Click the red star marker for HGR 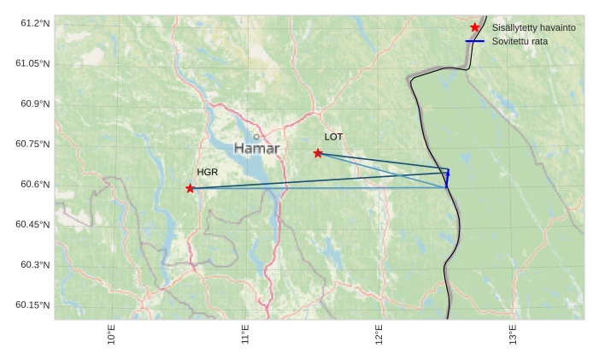tap(190, 188)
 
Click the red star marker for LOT tap(318, 153)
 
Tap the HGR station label tap(208, 172)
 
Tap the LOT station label tap(333, 137)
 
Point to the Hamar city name tap(256, 149)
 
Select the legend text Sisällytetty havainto tap(533, 27)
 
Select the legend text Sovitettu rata tap(520, 41)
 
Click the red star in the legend tap(475, 27)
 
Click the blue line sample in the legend tap(475, 41)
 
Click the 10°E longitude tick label tap(111, 334)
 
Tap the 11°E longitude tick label tap(245, 334)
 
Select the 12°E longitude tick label tap(379, 334)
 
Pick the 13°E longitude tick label tap(513, 334)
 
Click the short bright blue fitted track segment tap(447, 179)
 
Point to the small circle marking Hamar tap(255, 136)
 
